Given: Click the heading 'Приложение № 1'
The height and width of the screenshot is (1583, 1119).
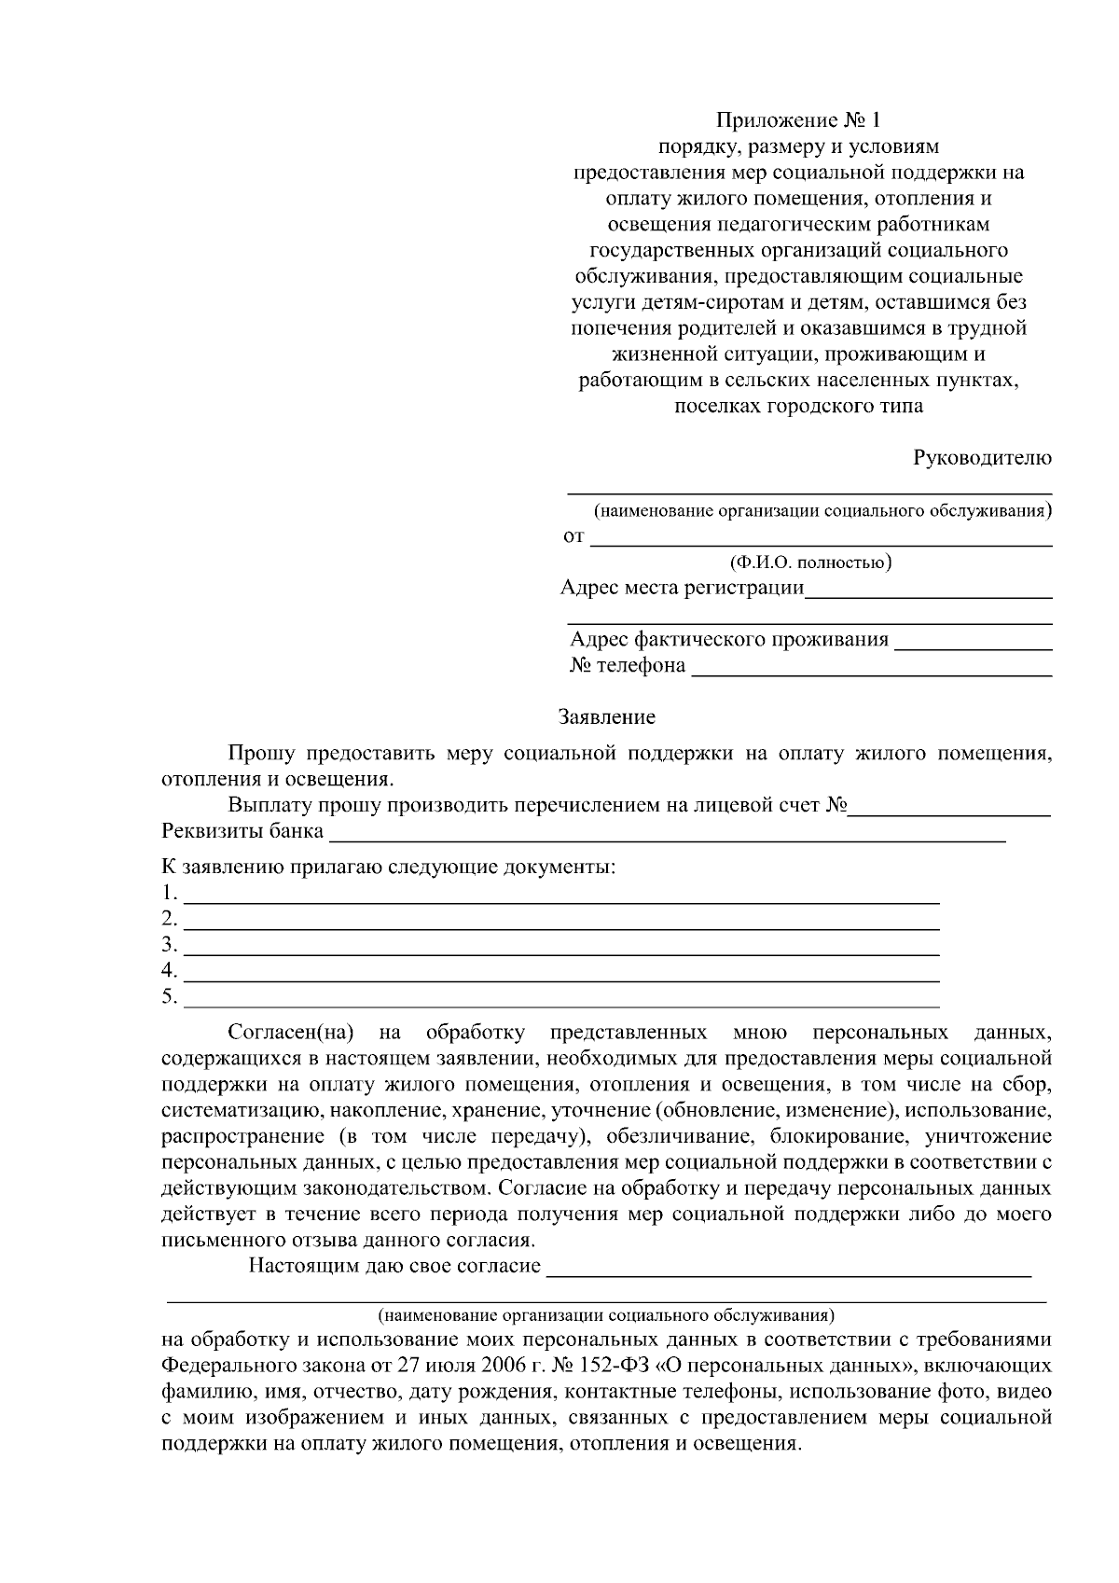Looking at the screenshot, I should (797, 120).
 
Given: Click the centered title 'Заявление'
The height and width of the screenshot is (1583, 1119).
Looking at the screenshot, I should (606, 717).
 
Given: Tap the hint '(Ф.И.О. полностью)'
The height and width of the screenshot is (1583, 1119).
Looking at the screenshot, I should (810, 562).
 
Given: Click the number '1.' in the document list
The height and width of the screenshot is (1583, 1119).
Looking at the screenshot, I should (169, 894).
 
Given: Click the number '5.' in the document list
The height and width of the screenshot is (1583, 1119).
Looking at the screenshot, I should (169, 997).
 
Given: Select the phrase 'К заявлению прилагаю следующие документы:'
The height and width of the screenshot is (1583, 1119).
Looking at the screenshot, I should (389, 867).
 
